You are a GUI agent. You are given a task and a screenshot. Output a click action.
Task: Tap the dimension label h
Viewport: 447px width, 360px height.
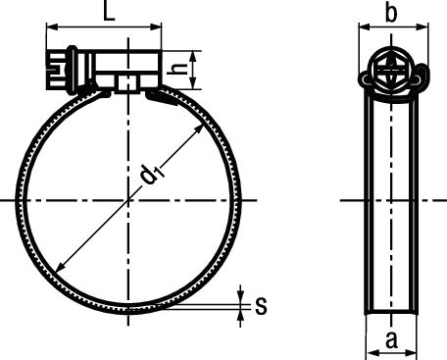(179, 70)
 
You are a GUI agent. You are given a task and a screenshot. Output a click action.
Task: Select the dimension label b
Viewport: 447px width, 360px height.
(391, 14)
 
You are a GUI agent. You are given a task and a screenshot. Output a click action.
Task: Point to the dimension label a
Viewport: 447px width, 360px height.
(391, 340)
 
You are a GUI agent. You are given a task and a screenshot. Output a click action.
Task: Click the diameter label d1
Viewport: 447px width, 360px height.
(150, 174)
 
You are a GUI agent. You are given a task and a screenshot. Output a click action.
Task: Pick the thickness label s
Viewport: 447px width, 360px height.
(261, 305)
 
